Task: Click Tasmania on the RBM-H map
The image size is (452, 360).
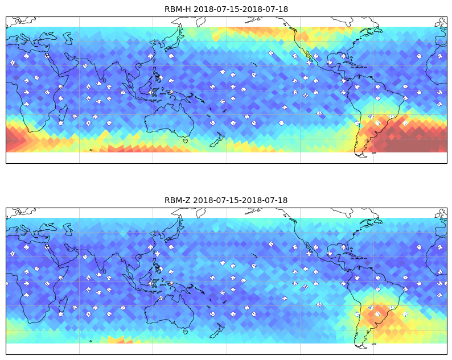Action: tap(185, 140)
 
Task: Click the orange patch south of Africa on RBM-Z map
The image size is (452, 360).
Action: tap(120, 340)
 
